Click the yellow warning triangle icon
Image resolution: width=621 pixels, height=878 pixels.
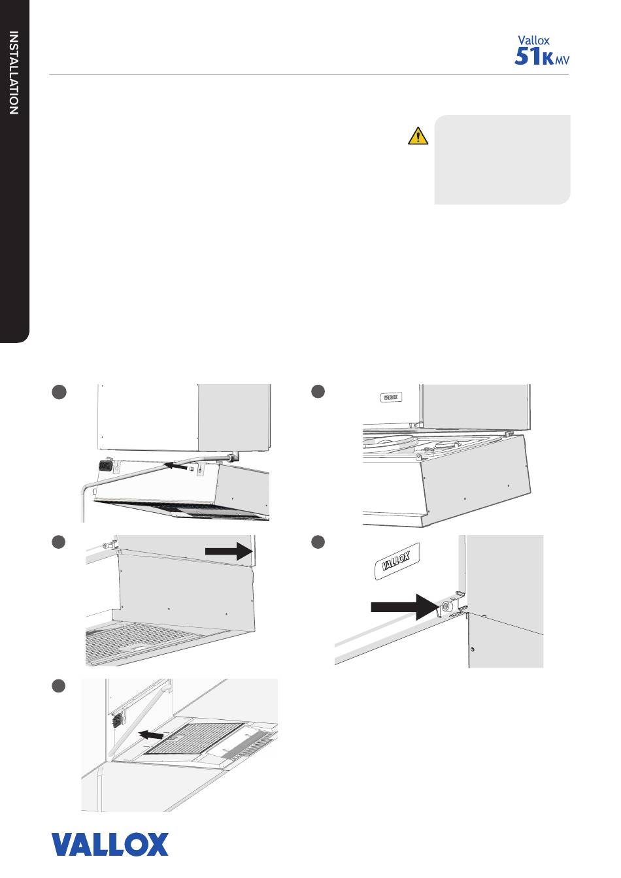(418, 136)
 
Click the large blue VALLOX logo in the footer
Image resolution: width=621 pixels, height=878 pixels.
(110, 845)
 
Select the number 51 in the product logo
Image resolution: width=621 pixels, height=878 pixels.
(528, 56)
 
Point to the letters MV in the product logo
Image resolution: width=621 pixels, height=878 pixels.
(562, 59)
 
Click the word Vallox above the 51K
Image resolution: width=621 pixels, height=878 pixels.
(533, 41)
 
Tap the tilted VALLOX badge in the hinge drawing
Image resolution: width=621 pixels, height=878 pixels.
(396, 561)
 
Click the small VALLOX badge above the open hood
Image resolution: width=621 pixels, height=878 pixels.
(390, 397)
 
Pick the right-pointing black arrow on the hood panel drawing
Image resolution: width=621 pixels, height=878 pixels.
(229, 551)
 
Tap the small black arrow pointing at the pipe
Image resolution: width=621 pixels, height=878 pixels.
(175, 466)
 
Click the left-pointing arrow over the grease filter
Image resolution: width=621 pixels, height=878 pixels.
(152, 734)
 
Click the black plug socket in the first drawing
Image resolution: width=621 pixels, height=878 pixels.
(105, 465)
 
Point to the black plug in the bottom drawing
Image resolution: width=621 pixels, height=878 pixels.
(116, 721)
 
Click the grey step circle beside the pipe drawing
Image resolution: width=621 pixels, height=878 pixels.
(59, 392)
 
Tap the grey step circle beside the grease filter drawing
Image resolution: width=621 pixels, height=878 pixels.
(58, 687)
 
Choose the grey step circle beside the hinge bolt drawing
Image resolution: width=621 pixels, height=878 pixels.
(318, 542)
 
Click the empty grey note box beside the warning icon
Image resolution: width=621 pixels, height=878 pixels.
(502, 159)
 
